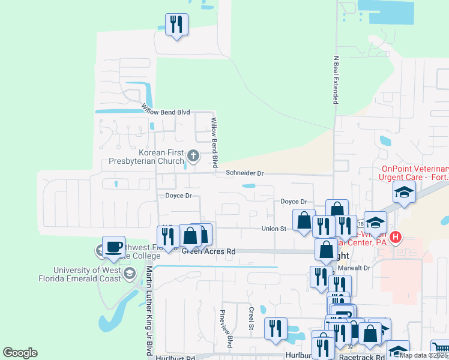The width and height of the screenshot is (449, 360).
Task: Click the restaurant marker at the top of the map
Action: pos(176,25)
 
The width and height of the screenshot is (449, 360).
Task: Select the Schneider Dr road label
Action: pos(245,173)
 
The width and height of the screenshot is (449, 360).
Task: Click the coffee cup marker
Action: pos(113,247)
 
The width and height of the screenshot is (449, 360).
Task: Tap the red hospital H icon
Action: pos(395,238)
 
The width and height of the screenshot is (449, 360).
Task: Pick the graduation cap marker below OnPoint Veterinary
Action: pos(405,193)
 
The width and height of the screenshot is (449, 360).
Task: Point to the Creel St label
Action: pos(251,318)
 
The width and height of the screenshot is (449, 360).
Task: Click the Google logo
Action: pos(20,353)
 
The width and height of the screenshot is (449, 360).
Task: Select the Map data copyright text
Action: pos(424,355)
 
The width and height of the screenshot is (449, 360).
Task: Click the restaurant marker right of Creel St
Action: pos(276,328)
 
